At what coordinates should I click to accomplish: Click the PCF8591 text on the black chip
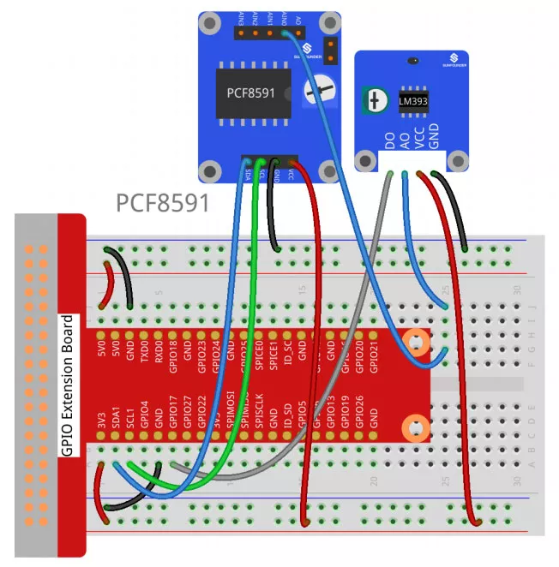tap(250, 93)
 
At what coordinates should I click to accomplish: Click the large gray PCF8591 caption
tap(163, 203)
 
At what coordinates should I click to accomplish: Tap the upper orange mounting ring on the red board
tap(418, 342)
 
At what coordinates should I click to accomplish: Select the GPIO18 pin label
tap(173, 352)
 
